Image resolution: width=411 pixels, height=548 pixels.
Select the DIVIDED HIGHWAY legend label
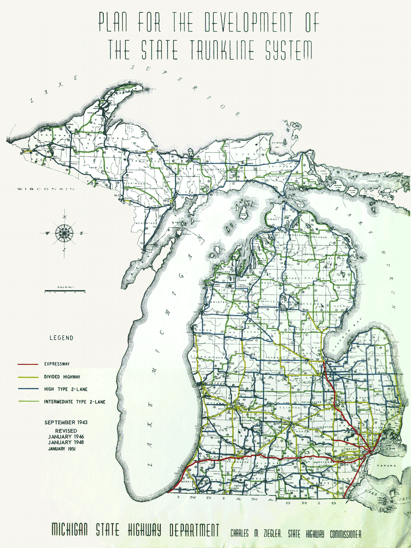point(62,376)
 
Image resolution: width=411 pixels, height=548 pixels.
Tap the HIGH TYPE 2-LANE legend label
point(64,389)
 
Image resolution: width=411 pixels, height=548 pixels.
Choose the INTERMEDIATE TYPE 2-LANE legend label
point(75,402)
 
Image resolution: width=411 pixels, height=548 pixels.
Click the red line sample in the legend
point(28,364)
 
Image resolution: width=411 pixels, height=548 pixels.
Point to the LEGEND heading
point(61,338)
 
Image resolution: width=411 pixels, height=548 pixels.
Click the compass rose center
point(64,233)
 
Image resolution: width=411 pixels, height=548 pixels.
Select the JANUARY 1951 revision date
point(66,449)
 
